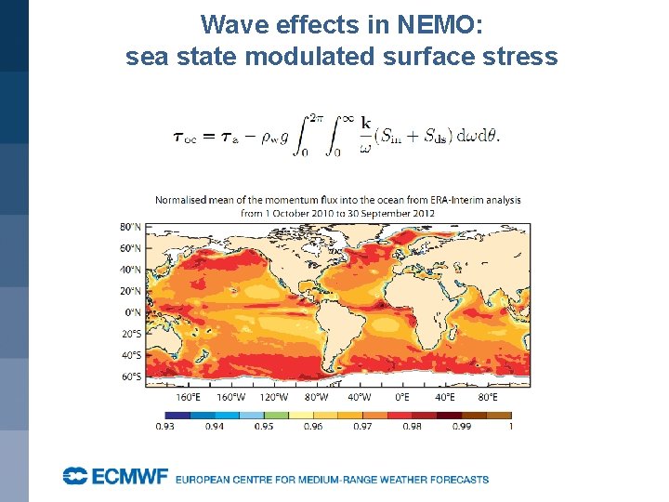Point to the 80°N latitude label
131,227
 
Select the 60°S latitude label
131,376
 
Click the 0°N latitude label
133,312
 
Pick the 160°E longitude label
189,397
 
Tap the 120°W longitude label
275,397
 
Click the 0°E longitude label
401,397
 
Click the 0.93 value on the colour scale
165,426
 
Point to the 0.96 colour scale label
313,426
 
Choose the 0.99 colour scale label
462,426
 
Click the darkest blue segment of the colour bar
177,415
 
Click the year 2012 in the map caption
423,213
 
